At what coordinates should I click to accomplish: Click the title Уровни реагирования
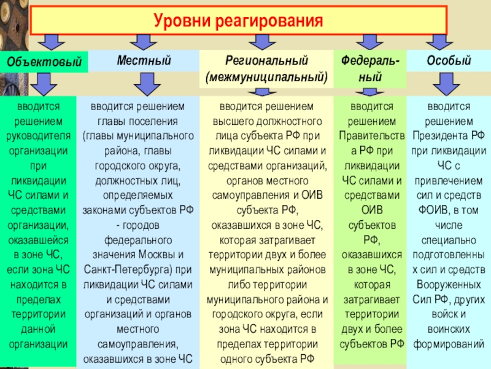[x=238, y=21]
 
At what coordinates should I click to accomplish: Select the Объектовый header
[x=44, y=62]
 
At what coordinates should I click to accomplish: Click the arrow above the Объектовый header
[x=51, y=41]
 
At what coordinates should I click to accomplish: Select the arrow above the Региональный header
[x=263, y=41]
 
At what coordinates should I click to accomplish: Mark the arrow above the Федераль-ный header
[x=369, y=41]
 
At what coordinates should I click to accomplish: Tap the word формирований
[x=449, y=343]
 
